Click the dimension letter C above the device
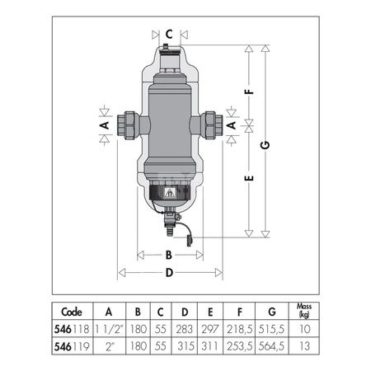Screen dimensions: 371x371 [x=169, y=35]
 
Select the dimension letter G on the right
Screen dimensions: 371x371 [x=265, y=145]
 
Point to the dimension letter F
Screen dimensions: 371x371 [x=249, y=91]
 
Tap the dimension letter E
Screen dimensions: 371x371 [x=249, y=178]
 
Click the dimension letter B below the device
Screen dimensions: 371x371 [x=169, y=256]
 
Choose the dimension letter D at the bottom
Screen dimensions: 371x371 [x=169, y=273]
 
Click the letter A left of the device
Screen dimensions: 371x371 [x=106, y=125]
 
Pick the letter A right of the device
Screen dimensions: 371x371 [x=232, y=125]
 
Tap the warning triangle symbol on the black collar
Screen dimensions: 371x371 [x=170, y=193]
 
